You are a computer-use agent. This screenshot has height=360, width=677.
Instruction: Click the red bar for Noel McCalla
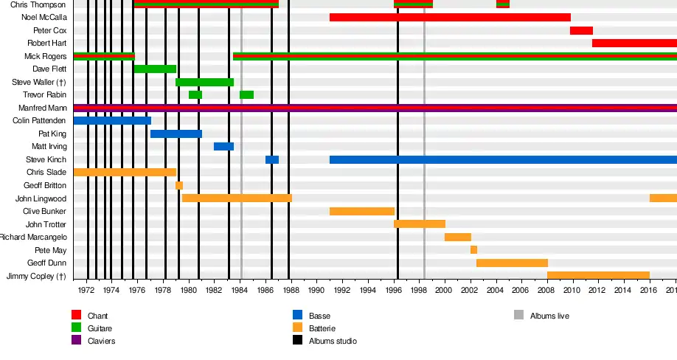(x=450, y=17)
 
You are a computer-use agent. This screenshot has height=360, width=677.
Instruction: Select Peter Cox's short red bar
(x=581, y=30)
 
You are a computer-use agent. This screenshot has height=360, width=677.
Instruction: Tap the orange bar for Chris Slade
(x=125, y=173)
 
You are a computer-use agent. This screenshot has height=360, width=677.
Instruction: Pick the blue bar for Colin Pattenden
(x=112, y=120)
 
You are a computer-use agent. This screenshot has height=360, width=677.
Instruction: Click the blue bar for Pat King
(x=176, y=134)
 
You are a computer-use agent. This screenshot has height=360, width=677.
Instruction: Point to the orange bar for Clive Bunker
(x=362, y=211)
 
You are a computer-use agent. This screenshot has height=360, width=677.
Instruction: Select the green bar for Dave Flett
(x=155, y=69)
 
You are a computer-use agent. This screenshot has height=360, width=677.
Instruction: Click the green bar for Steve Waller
(x=204, y=82)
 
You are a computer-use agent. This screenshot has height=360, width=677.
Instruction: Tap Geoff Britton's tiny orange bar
(x=179, y=185)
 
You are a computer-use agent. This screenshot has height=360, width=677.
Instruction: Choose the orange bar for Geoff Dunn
(x=512, y=263)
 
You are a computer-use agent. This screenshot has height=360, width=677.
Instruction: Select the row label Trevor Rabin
(x=44, y=94)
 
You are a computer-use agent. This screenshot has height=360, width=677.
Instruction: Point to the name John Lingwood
(x=41, y=198)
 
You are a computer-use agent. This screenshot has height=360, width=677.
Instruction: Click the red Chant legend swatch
(x=76, y=316)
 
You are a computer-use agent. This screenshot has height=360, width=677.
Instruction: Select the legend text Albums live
(x=549, y=316)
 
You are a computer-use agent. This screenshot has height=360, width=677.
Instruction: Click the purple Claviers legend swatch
(x=76, y=341)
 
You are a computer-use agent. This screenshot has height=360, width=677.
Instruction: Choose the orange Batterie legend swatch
(x=297, y=328)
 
